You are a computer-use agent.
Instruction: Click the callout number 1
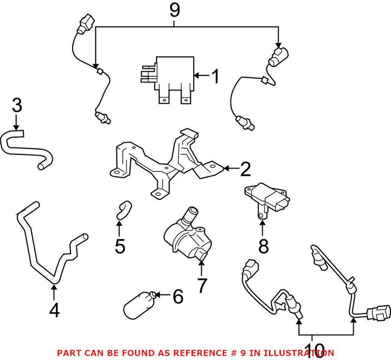[x=215, y=76]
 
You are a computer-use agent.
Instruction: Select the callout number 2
[x=245, y=169]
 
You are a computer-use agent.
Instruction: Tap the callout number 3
[x=17, y=105]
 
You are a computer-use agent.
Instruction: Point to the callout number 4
[x=54, y=311]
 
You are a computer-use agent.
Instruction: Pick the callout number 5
[x=120, y=246]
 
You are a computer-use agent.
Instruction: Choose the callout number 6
[x=177, y=296]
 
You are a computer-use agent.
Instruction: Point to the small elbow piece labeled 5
[x=123, y=208]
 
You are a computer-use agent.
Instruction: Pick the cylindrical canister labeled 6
[x=140, y=305]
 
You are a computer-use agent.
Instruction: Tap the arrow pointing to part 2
[x=230, y=169]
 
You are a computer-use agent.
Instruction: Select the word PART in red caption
[x=68, y=353]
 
